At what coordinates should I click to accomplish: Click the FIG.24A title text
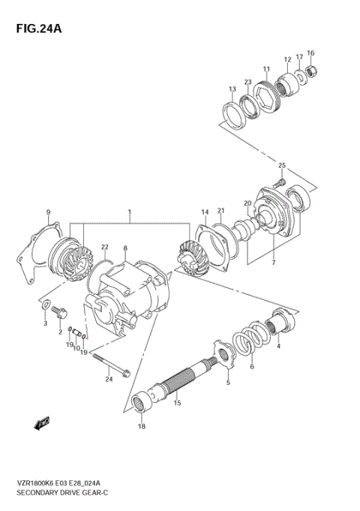pyautogui.click(x=34, y=29)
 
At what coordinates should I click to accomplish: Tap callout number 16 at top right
pyautogui.click(x=311, y=53)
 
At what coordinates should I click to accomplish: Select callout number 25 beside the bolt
pyautogui.click(x=282, y=165)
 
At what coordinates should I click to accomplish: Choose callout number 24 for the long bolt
pyautogui.click(x=108, y=379)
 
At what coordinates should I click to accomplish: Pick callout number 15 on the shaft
pyautogui.click(x=178, y=403)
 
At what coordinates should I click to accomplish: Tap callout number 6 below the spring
pyautogui.click(x=252, y=367)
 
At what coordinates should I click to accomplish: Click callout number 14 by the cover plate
pyautogui.click(x=204, y=213)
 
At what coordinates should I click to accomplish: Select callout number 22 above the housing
pyautogui.click(x=106, y=247)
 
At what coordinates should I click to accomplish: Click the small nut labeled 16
pyautogui.click(x=314, y=71)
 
